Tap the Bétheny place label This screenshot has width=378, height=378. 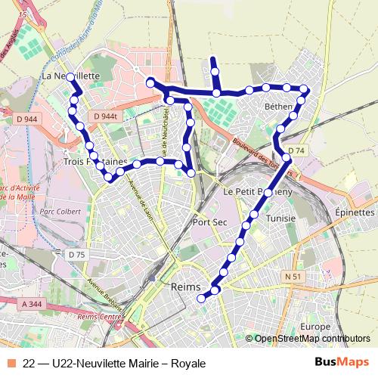click(x=278, y=107)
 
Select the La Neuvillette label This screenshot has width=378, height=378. click(x=70, y=76)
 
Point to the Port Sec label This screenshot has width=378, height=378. click(x=209, y=222)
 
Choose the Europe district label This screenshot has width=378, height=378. click(x=314, y=326)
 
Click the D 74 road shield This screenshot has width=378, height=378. click(x=296, y=150)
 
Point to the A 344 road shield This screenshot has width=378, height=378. click(x=33, y=303)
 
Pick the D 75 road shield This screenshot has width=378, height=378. click(x=76, y=255)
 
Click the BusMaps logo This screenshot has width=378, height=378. click(x=342, y=363)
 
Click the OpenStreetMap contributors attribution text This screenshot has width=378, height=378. click(x=312, y=339)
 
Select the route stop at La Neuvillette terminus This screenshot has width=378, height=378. click(x=70, y=77)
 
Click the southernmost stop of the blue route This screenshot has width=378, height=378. click(x=201, y=299)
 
